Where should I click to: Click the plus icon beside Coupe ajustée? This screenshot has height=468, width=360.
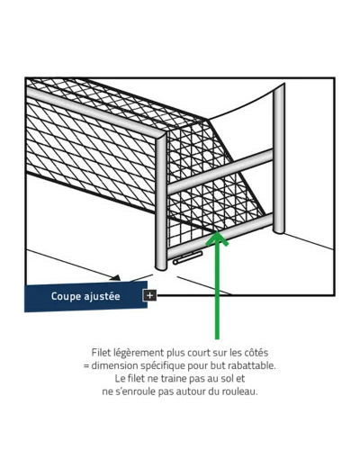click(x=149, y=295)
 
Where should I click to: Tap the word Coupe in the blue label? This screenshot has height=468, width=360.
click(x=66, y=296)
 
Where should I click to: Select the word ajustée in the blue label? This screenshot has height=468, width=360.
click(x=102, y=296)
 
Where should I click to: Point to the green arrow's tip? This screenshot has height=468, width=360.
click(x=217, y=232)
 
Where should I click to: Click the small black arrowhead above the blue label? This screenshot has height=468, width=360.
click(x=116, y=277)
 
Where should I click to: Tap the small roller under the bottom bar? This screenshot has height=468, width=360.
click(x=187, y=258)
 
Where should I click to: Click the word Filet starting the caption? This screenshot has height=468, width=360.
click(x=102, y=352)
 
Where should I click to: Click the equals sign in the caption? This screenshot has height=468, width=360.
click(x=86, y=366)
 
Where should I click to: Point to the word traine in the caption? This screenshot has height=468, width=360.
click(x=174, y=379)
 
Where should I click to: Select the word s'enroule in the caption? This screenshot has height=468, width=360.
click(x=135, y=391)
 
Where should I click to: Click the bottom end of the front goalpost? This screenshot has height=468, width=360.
click(x=160, y=267)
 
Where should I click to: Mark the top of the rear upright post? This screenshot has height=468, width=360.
click(x=279, y=86)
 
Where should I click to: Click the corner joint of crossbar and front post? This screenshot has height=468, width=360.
click(x=161, y=136)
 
